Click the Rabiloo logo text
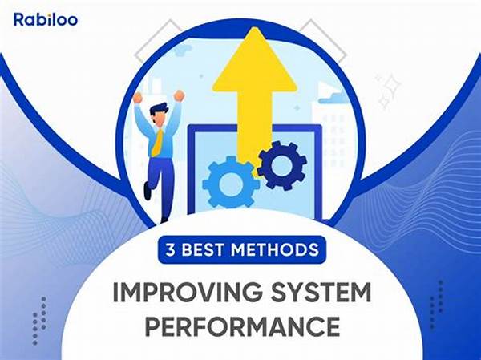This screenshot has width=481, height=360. tap(46, 19)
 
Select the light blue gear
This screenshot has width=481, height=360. tap(231, 182)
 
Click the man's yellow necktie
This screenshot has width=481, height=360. tap(157, 142)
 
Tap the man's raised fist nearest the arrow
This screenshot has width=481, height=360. tap(180, 95)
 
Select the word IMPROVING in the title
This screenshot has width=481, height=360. tap(188, 292)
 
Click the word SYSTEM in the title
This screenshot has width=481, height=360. tap(320, 292)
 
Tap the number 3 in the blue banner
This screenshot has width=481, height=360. tap(170, 249)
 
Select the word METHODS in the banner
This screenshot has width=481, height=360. tap(275, 249)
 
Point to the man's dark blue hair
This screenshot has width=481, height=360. tap(160, 110)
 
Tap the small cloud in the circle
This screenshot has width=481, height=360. tap(333, 98)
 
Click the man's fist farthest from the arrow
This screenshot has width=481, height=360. tap(139, 97)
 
